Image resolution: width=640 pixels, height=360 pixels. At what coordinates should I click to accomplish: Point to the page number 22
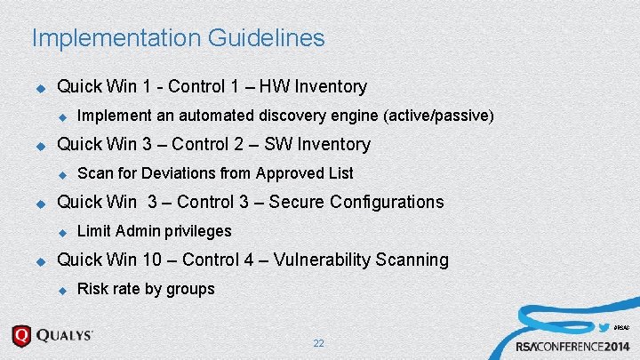tap(318, 343)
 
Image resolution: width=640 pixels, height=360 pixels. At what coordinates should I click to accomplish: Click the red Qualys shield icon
tap(21, 336)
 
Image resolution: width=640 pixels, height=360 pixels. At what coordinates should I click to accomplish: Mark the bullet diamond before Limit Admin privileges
tap(62, 232)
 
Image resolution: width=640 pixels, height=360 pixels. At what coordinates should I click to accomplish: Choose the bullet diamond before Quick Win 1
tap(39, 87)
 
